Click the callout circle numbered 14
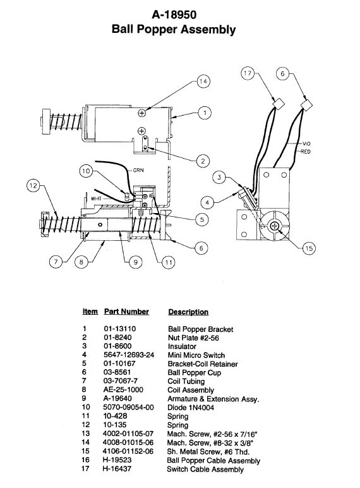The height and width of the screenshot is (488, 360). [203, 82]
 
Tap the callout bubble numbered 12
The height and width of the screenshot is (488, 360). [33, 186]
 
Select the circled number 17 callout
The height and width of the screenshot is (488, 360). [248, 73]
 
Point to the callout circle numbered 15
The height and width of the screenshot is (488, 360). [309, 248]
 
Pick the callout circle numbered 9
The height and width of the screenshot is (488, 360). [136, 262]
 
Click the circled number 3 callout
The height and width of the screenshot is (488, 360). [220, 178]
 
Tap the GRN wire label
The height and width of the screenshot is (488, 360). [138, 170]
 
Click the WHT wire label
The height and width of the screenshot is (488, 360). [96, 198]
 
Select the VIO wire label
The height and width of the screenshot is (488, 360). [306, 143]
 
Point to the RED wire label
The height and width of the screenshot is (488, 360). [305, 152]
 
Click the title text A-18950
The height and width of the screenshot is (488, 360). [174, 15]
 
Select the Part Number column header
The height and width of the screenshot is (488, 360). [126, 312]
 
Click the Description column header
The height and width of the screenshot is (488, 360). [188, 312]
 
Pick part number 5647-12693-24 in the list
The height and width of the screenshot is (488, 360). [129, 355]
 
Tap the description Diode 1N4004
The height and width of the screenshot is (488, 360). [191, 407]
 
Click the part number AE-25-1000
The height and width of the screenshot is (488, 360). [123, 389]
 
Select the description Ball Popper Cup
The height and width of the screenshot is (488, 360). [195, 372]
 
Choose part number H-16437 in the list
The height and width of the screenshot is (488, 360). [117, 468]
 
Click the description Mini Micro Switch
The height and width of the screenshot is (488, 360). [196, 355]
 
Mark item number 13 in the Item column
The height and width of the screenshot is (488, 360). [85, 433]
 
